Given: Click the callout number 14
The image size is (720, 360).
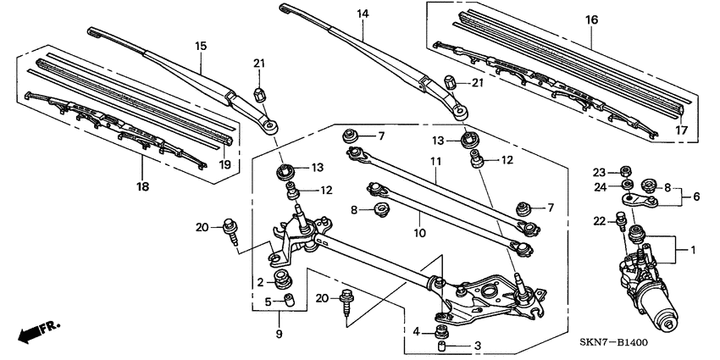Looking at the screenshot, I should pyautogui.click(x=363, y=14).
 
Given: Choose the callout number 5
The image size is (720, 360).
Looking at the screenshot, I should pyautogui.click(x=267, y=301).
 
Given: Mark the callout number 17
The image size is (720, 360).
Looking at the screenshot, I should pyautogui.click(x=681, y=130).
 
